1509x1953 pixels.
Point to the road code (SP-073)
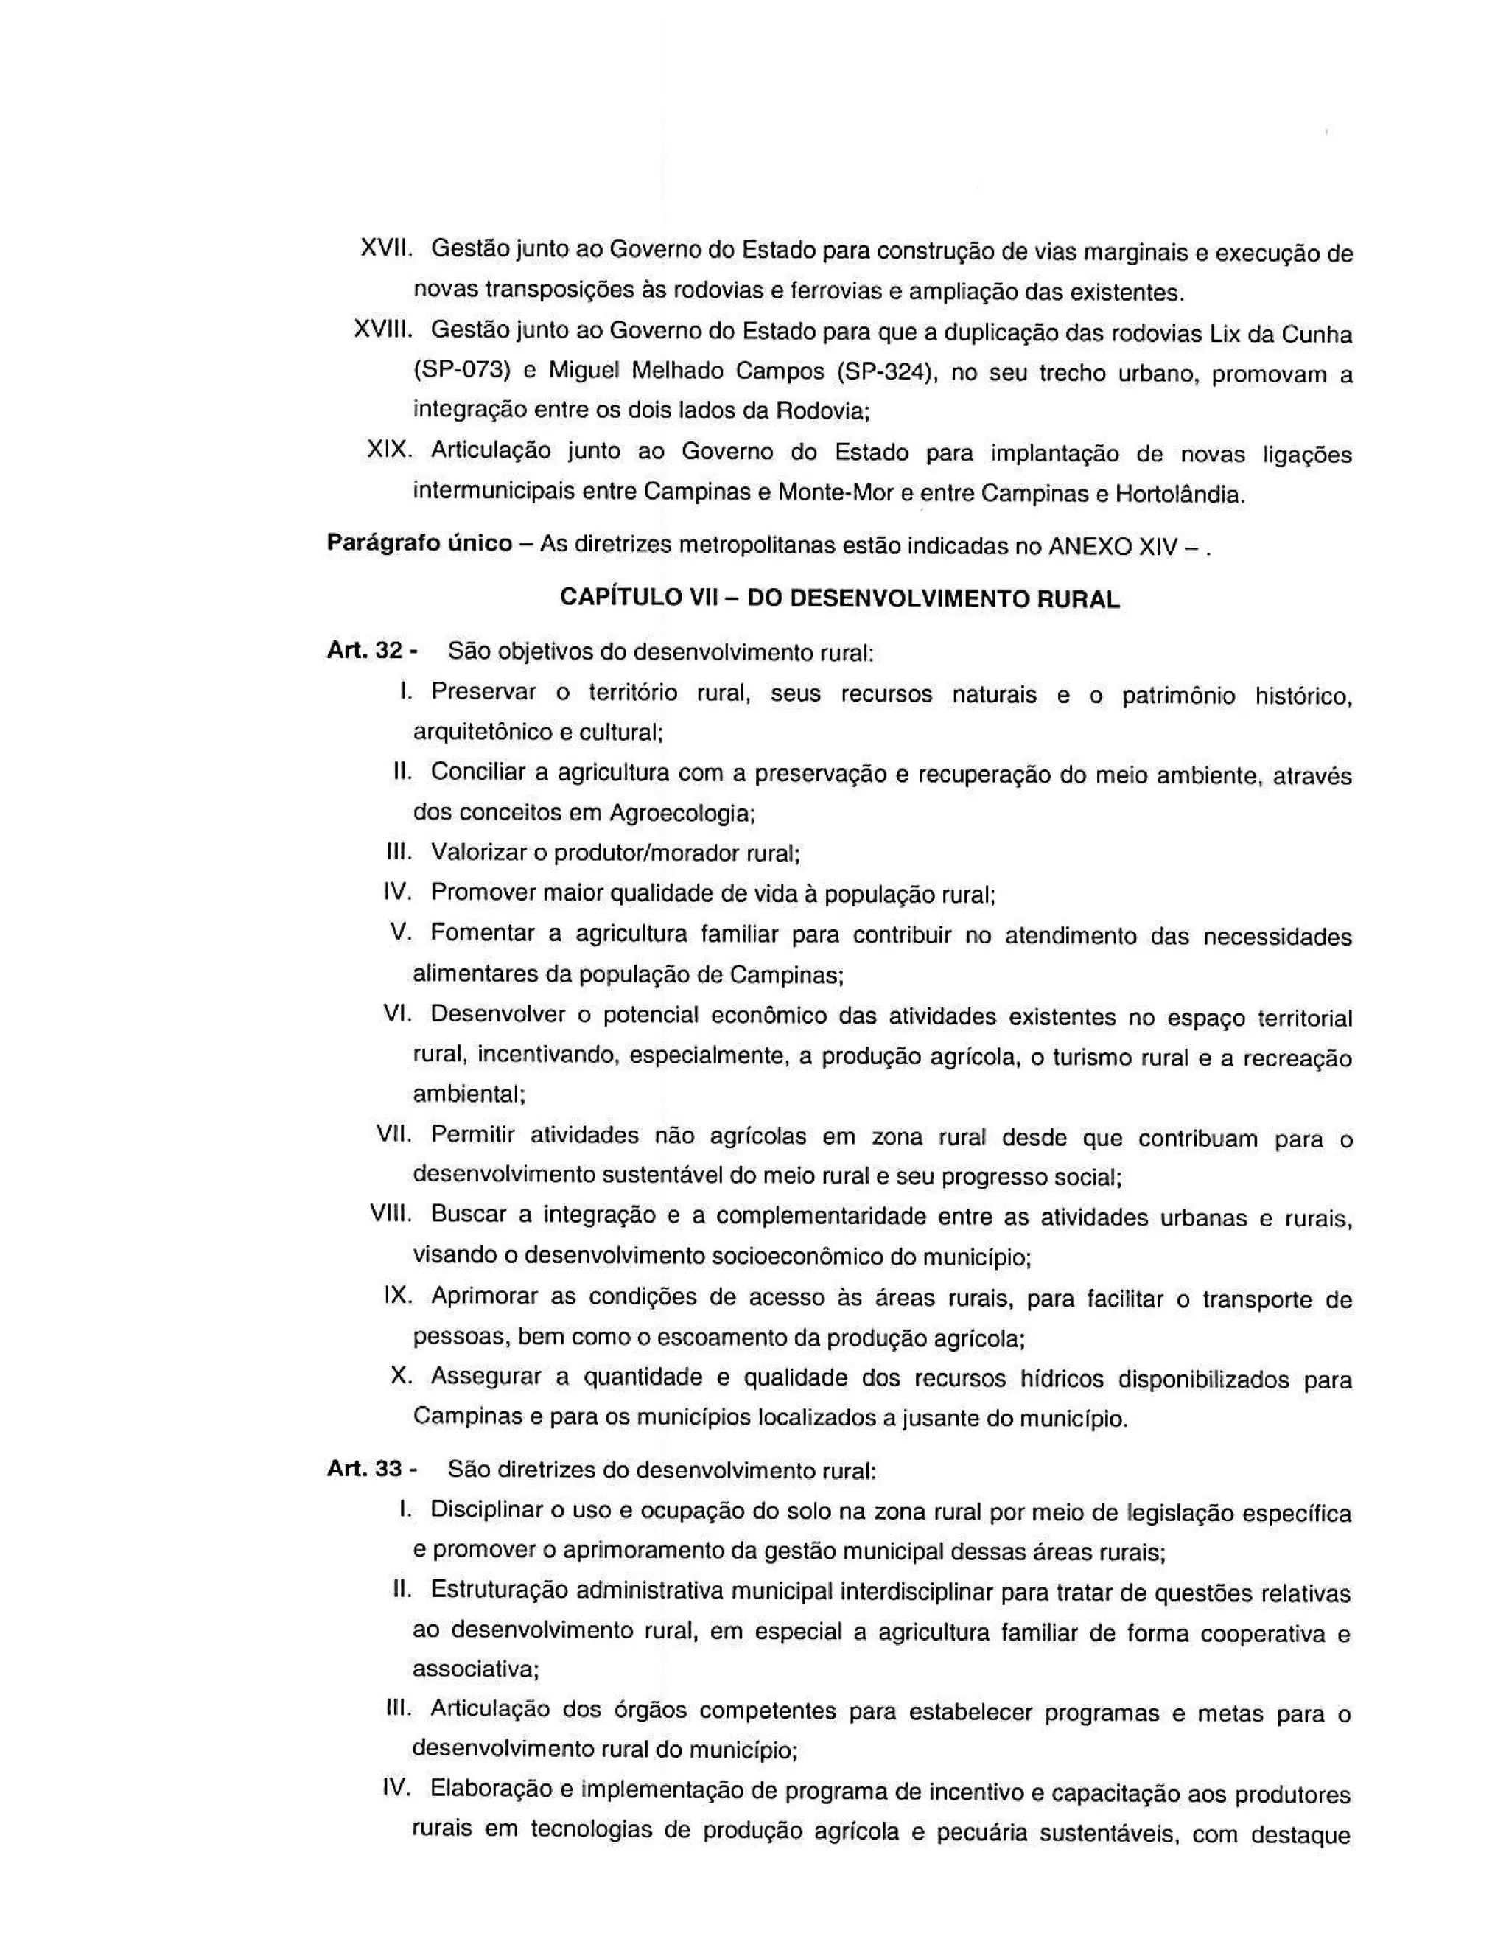pos(461,370)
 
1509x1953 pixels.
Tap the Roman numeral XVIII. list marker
pos(382,330)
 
